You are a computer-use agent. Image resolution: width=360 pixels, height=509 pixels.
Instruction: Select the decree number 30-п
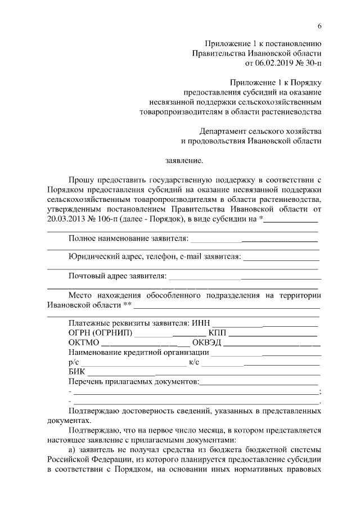[312, 64]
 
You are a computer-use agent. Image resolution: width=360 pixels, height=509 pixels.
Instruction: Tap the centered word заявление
[184, 161]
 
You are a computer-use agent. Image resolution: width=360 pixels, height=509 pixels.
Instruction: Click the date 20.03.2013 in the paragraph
[67, 219]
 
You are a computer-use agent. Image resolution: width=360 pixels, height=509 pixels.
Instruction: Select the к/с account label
[195, 363]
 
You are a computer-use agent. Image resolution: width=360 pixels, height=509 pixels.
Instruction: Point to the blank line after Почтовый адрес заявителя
[244, 278]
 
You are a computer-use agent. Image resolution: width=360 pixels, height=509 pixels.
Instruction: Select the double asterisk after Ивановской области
[127, 305]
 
